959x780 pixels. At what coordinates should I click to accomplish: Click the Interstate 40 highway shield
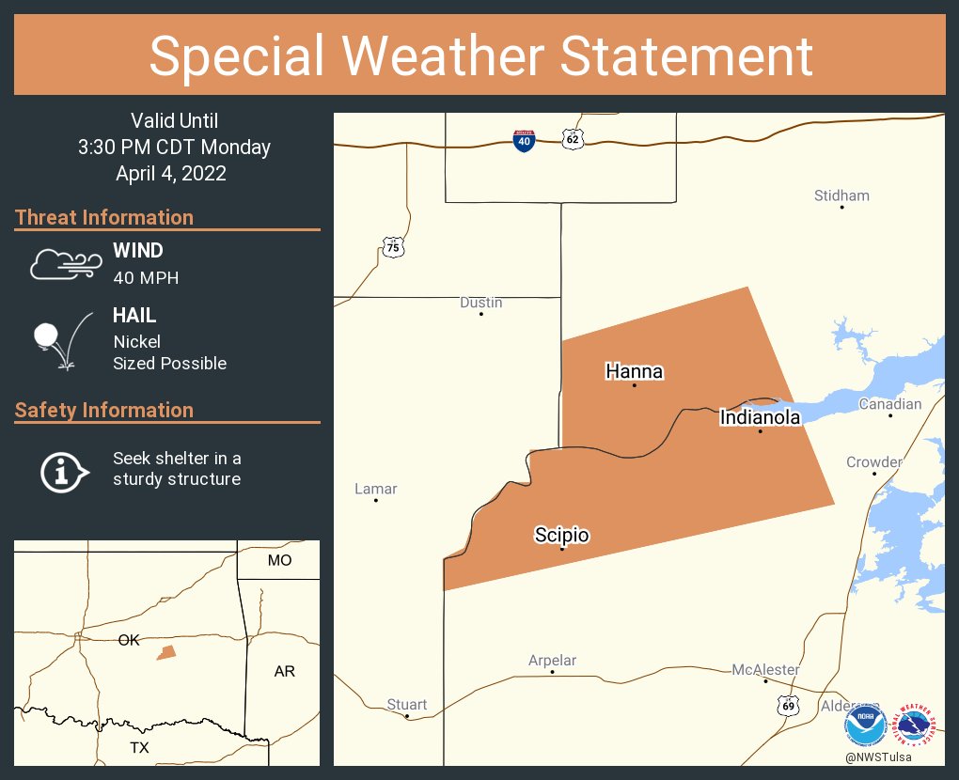pyautogui.click(x=524, y=141)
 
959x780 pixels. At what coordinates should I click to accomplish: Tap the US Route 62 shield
pyautogui.click(x=573, y=139)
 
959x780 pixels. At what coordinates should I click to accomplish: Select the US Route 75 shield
pyautogui.click(x=393, y=247)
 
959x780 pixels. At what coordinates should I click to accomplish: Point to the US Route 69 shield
pyautogui.click(x=788, y=704)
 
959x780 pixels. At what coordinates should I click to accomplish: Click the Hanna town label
pyautogui.click(x=634, y=371)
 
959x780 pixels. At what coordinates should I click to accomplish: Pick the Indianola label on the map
pyautogui.click(x=760, y=417)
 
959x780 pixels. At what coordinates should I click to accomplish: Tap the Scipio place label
pyautogui.click(x=561, y=536)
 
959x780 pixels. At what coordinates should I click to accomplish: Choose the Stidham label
pyautogui.click(x=841, y=195)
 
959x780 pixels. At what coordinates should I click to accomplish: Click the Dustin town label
pyautogui.click(x=480, y=303)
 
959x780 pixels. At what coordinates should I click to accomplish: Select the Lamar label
pyautogui.click(x=375, y=489)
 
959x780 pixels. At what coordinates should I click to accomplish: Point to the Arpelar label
pyautogui.click(x=552, y=661)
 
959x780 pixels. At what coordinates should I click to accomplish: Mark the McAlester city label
pyautogui.click(x=765, y=670)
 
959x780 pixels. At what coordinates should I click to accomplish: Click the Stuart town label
pyautogui.click(x=407, y=705)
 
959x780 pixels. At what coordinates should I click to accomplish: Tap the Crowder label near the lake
pyautogui.click(x=873, y=462)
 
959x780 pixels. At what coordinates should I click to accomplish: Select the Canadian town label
pyautogui.click(x=890, y=404)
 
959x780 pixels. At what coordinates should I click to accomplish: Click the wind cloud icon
pyautogui.click(x=65, y=265)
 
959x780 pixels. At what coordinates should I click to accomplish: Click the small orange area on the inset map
pyautogui.click(x=166, y=652)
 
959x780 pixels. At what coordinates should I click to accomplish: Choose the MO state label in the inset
pyautogui.click(x=279, y=560)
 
